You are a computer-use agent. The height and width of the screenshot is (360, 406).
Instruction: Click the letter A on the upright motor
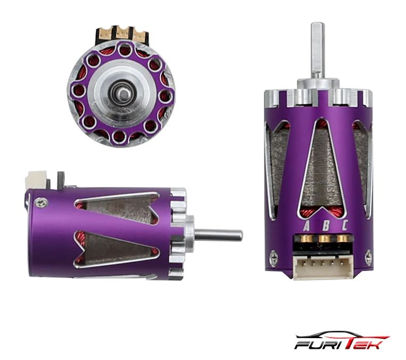point(306,226)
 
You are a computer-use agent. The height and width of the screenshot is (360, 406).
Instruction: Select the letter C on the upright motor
point(344,225)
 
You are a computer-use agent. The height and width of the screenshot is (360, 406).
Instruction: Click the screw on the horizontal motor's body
point(41,202)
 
